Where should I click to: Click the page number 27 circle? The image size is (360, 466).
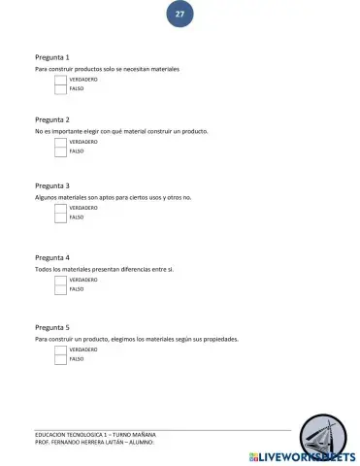180,15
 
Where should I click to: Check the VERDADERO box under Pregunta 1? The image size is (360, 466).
60,79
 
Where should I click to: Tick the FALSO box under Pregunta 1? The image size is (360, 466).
60,88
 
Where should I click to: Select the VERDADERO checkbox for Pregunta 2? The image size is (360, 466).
60,142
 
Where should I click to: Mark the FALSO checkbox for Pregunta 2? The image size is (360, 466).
60,151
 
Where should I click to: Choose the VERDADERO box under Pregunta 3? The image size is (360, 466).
60,208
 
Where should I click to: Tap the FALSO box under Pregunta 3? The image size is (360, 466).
60,217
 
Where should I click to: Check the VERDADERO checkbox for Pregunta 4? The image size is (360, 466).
60,280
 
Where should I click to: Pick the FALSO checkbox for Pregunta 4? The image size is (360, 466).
60,289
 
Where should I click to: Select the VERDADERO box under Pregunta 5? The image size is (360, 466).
60,349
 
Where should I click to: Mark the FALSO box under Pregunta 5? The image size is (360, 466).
60,359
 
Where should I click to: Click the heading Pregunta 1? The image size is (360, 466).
51,58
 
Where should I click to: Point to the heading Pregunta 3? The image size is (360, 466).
51,185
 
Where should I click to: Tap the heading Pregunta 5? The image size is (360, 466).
51,328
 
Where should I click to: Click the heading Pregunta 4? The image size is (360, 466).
51,257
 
